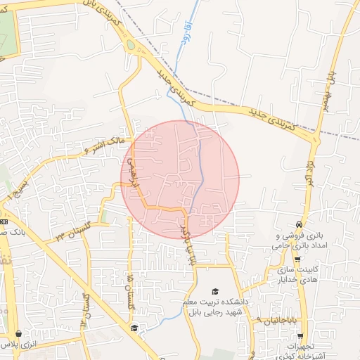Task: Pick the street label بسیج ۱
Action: tap(15, 188)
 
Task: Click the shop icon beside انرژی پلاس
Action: tap(18, 335)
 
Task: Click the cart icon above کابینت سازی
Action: tap(298, 259)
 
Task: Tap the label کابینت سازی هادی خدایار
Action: tap(296, 276)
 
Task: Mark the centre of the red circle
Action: tap(180, 179)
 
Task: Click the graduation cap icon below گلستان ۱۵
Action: tap(134, 328)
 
